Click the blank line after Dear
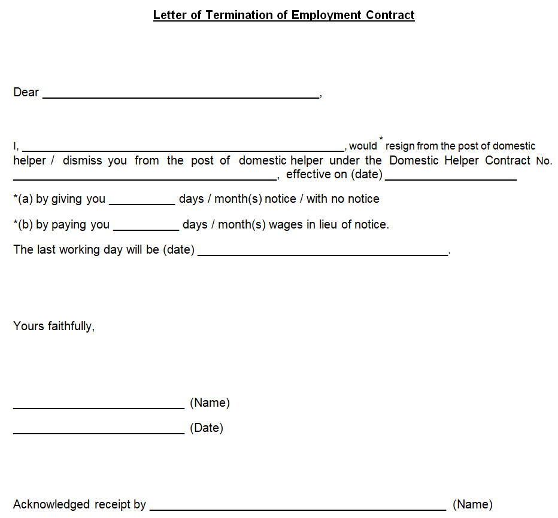click(x=181, y=95)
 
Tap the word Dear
click(x=26, y=92)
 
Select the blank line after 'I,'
click(x=183, y=148)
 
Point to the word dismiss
click(x=82, y=160)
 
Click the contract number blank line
click(x=144, y=176)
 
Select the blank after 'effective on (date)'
click(x=451, y=176)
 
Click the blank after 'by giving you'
click(x=142, y=201)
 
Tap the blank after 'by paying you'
click(x=146, y=227)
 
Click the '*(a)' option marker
click(x=23, y=199)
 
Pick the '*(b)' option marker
click(x=23, y=224)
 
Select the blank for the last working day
click(x=323, y=252)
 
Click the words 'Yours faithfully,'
click(x=54, y=326)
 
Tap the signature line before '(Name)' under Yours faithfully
click(x=99, y=406)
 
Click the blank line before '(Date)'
click(x=99, y=431)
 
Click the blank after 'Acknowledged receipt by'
click(x=298, y=507)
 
